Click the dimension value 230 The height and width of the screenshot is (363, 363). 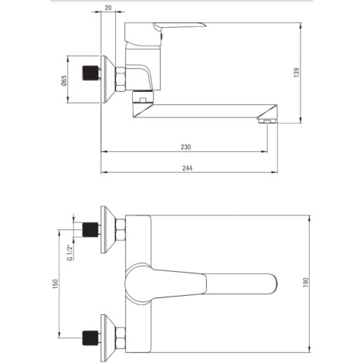point(185,147)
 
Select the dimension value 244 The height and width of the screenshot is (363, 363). point(187,168)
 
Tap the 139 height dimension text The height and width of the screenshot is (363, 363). point(297,73)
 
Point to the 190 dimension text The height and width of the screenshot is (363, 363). point(306,283)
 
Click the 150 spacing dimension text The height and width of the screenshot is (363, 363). point(56,283)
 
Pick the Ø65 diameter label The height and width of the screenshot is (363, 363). point(63,80)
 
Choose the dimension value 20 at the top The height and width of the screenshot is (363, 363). point(108,8)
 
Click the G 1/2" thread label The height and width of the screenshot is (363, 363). point(70,253)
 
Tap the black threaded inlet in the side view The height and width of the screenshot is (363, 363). point(90,73)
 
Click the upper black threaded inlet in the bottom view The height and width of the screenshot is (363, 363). point(90,229)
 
